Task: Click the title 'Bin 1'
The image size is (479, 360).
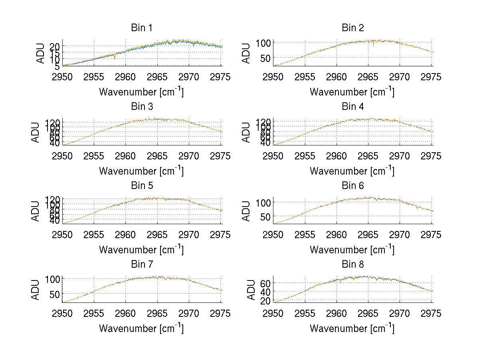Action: point(142,28)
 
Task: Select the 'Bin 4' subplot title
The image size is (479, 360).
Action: point(353,107)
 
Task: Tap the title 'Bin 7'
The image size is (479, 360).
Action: point(142,265)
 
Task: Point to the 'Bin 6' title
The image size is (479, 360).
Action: point(353,186)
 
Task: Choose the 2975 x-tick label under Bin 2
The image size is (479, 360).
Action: point(431,77)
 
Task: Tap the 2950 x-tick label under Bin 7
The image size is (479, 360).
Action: point(63,314)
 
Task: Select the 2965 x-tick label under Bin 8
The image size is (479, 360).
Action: point(368,314)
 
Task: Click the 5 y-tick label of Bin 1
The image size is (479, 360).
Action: point(58,66)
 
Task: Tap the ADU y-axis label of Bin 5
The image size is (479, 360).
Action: point(36,211)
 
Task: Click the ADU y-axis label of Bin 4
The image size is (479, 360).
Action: point(247,132)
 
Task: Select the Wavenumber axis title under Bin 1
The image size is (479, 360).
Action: point(142,92)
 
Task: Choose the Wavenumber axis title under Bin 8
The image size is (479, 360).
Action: point(352,328)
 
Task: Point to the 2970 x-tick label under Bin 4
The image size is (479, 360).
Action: point(400,156)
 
